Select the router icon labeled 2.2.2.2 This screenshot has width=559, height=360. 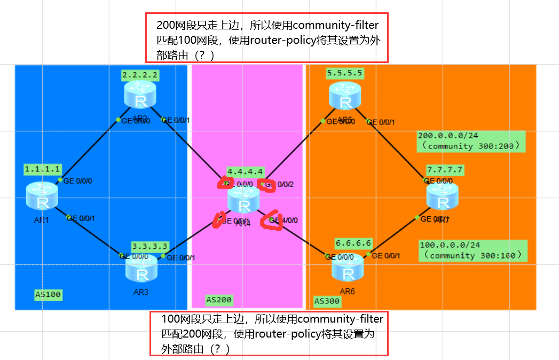(140, 95)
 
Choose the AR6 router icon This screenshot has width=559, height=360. (348, 267)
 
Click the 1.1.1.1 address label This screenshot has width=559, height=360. (43, 169)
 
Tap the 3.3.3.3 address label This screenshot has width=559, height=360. (149, 246)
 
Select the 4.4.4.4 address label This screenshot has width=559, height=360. (245, 171)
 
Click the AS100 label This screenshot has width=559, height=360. (48, 294)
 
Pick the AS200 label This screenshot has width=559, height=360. (219, 300)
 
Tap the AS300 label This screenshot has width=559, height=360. (327, 301)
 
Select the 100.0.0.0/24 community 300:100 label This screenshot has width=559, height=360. (473, 251)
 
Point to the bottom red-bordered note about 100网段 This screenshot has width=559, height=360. (269, 333)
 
